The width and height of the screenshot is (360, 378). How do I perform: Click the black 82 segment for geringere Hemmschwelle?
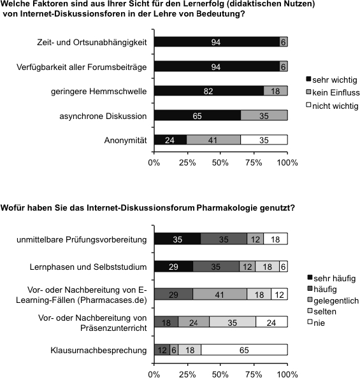click(209, 91)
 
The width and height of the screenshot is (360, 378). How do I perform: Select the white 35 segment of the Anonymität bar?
click(264, 140)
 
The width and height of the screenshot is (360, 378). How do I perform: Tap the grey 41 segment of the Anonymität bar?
click(213, 140)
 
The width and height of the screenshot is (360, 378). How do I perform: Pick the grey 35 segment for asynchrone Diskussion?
click(264, 115)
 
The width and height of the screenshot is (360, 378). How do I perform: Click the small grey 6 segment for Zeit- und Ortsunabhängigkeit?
click(284, 42)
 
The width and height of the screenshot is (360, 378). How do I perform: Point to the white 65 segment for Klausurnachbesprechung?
click(244, 350)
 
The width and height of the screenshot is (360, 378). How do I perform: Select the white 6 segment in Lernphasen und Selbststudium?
click(284, 267)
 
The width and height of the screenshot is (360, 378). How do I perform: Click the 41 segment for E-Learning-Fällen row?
click(220, 294)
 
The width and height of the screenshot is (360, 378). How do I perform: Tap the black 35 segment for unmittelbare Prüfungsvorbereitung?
click(178, 239)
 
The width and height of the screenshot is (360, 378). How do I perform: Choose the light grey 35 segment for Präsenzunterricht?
click(233, 322)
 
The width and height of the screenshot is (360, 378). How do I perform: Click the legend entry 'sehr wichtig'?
click(331, 80)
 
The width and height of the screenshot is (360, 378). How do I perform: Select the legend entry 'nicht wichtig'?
click(332, 106)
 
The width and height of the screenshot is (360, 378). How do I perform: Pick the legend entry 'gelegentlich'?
click(333, 300)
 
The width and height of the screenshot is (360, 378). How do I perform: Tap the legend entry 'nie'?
click(316, 323)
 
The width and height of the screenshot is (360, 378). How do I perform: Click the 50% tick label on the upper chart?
click(220, 163)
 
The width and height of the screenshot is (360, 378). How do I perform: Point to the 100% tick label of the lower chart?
click(287, 374)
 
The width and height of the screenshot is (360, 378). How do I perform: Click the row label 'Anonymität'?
click(126, 140)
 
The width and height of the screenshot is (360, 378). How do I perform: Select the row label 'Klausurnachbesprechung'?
click(99, 350)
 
